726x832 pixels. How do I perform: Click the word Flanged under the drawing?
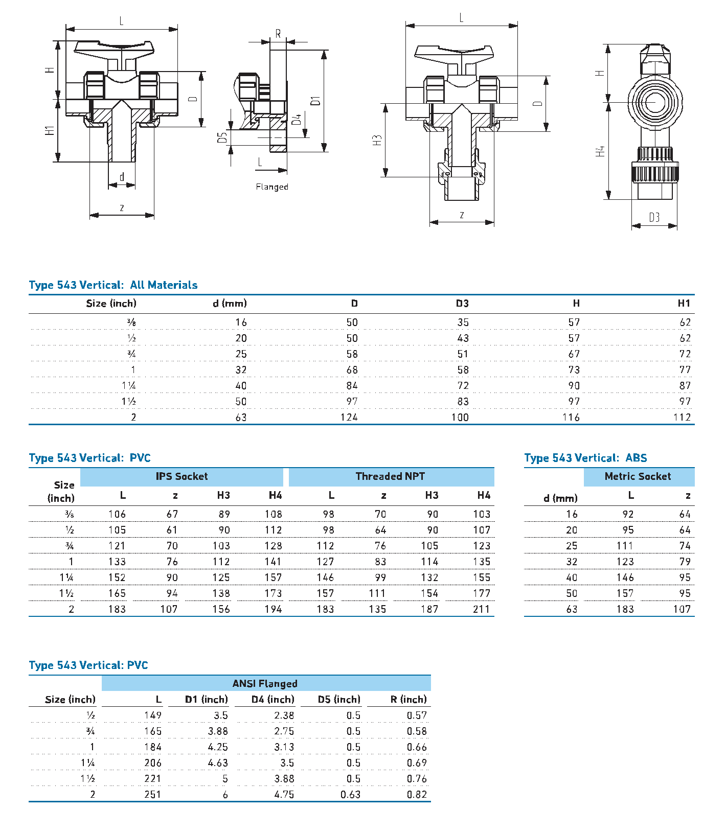pyautogui.click(x=272, y=187)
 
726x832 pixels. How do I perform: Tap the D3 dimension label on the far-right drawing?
pyautogui.click(x=654, y=217)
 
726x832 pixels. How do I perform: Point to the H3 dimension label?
pyautogui.click(x=377, y=140)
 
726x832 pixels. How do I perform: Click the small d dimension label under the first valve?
pyautogui.click(x=122, y=177)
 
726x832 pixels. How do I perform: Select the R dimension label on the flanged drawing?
pyautogui.click(x=278, y=34)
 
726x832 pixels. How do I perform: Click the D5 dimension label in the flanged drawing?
pyautogui.click(x=222, y=138)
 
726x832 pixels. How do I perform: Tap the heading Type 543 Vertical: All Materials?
pyautogui.click(x=113, y=285)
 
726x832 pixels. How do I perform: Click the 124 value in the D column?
pyautogui.click(x=349, y=418)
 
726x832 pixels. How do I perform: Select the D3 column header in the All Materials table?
pyautogui.click(x=462, y=304)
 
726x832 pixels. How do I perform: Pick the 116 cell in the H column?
pyautogui.click(x=571, y=418)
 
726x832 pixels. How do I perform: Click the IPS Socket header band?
pyautogui.click(x=181, y=476)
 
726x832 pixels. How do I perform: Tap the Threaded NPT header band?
pyautogui.click(x=391, y=476)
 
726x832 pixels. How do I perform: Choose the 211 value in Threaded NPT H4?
pyautogui.click(x=481, y=609)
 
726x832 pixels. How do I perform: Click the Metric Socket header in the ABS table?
pyautogui.click(x=638, y=476)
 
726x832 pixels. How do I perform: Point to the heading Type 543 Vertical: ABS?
pyautogui.click(x=585, y=458)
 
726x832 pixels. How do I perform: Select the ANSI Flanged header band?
pyautogui.click(x=265, y=684)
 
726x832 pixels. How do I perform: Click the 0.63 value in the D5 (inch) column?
pyautogui.click(x=351, y=795)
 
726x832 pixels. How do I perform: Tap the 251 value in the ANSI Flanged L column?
pyautogui.click(x=153, y=795)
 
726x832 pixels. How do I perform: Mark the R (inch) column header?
pyautogui.click(x=409, y=700)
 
